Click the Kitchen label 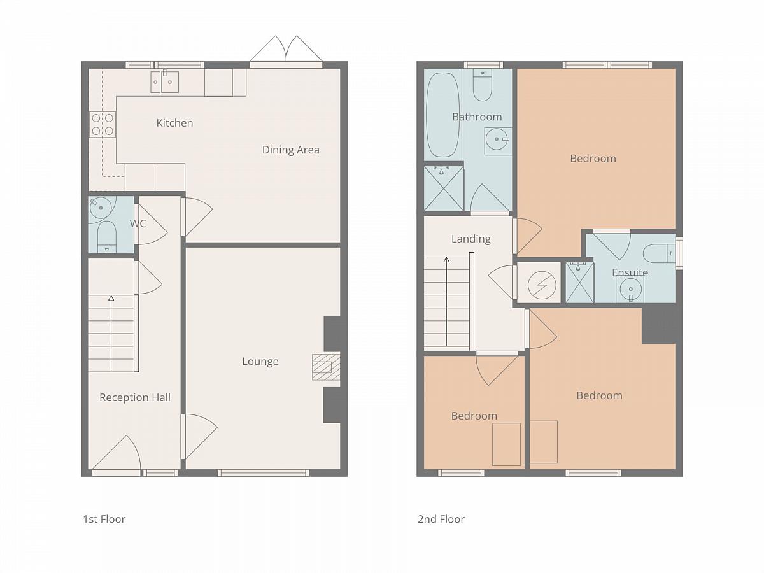[x=174, y=123]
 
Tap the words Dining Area [x=290, y=150]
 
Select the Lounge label [x=260, y=362]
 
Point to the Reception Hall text [x=135, y=397]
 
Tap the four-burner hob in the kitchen [x=103, y=124]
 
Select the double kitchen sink [x=165, y=82]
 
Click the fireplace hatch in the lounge [x=326, y=367]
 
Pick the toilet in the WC [x=106, y=237]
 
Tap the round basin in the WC [x=101, y=208]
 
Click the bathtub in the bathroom [x=442, y=115]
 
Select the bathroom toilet [x=483, y=85]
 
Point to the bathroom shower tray [x=444, y=188]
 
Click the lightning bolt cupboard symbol [x=542, y=285]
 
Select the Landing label [x=471, y=239]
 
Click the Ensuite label [x=630, y=272]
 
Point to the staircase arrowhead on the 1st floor [x=111, y=298]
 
